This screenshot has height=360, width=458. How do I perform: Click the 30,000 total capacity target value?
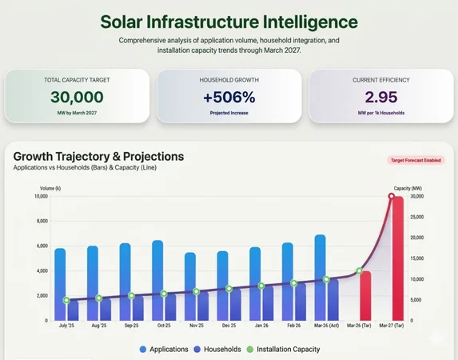tap(77, 98)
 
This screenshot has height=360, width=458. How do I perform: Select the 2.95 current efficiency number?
tap(380, 98)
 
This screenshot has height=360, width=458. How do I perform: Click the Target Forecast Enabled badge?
tap(416, 160)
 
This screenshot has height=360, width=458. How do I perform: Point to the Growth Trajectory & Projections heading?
tap(98, 156)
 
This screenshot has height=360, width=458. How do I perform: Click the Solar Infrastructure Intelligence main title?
tap(229, 22)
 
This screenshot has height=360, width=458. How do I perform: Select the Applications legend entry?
tap(164, 350)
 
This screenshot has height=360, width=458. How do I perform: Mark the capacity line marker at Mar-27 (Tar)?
tap(392, 196)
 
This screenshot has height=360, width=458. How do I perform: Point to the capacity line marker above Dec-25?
tap(229, 289)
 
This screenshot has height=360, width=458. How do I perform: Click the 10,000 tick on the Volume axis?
tap(40, 196)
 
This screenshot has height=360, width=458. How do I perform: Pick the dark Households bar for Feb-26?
tap(300, 302)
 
